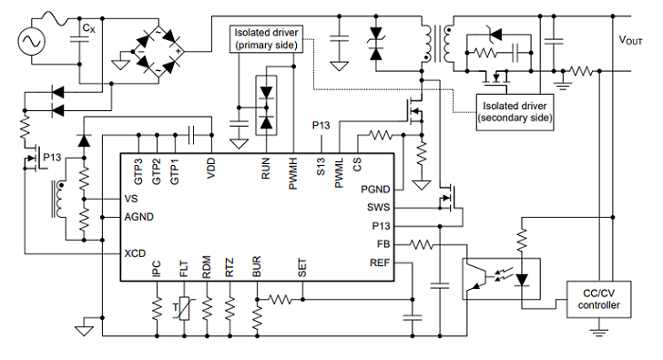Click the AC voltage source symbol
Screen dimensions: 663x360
31,41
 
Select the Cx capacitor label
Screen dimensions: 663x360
89,28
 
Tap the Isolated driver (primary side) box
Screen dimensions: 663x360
266,39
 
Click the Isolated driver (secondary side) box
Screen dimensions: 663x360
515,112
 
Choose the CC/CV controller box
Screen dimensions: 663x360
598,299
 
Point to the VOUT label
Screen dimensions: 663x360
630,40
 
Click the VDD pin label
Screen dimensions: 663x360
211,168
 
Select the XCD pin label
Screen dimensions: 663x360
135,253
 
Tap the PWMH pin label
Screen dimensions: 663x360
293,173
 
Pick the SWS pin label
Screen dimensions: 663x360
379,207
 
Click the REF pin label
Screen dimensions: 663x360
380,262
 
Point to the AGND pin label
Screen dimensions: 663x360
139,217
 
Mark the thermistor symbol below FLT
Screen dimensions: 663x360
184,308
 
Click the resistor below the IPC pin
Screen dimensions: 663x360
157,308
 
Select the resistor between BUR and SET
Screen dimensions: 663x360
280,300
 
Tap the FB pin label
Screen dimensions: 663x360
383,244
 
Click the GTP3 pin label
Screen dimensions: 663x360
138,171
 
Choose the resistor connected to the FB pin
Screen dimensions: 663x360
421,244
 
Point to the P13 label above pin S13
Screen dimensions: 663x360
321,125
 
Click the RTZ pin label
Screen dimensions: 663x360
229,268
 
